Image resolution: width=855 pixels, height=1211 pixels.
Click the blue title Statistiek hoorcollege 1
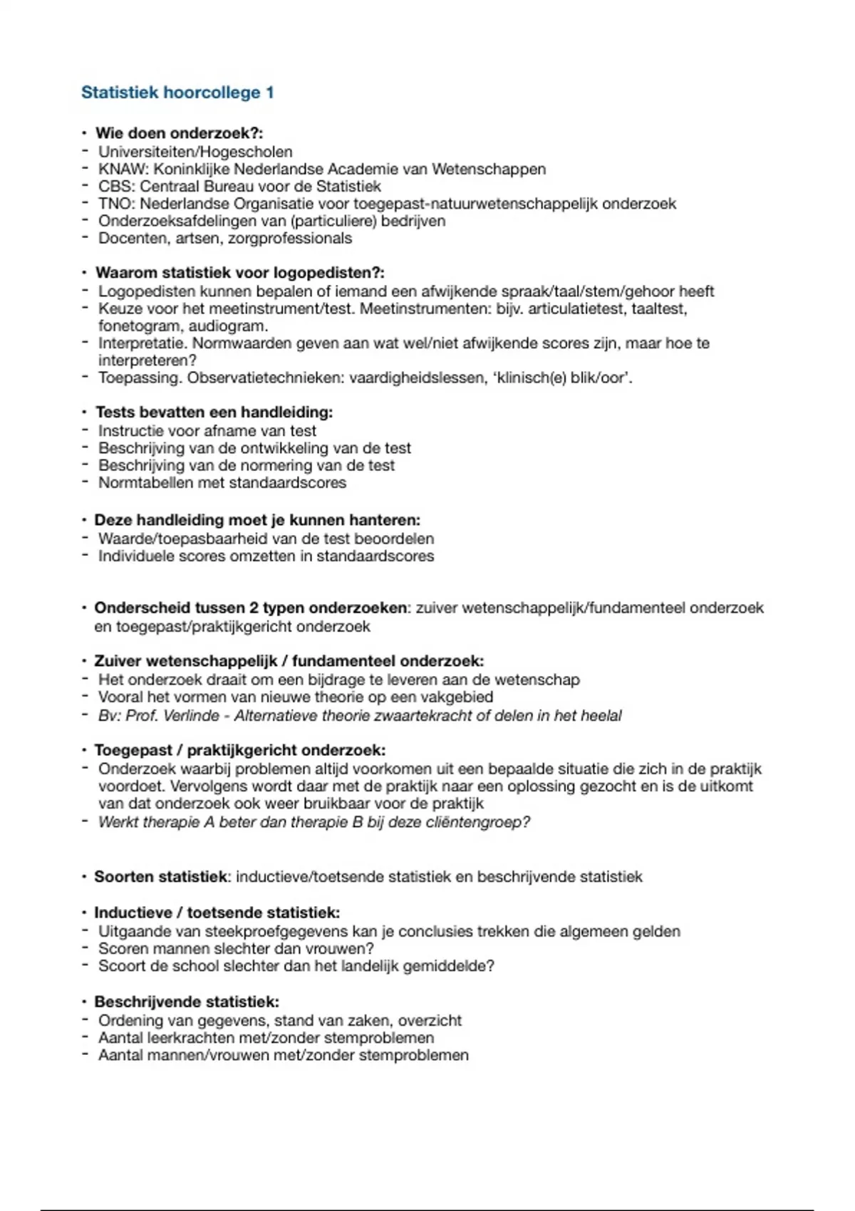(177, 93)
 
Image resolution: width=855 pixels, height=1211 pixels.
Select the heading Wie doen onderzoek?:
(180, 133)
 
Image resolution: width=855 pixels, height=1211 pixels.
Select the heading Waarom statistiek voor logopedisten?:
(240, 273)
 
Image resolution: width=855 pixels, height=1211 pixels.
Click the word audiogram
(228, 326)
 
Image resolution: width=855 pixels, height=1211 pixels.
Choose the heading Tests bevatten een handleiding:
(214, 412)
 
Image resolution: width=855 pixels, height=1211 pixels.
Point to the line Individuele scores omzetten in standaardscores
(266, 556)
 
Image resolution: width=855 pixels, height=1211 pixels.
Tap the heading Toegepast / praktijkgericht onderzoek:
(240, 751)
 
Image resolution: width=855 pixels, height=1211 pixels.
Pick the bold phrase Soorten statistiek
(161, 877)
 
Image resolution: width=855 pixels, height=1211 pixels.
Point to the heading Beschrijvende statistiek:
(187, 1002)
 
